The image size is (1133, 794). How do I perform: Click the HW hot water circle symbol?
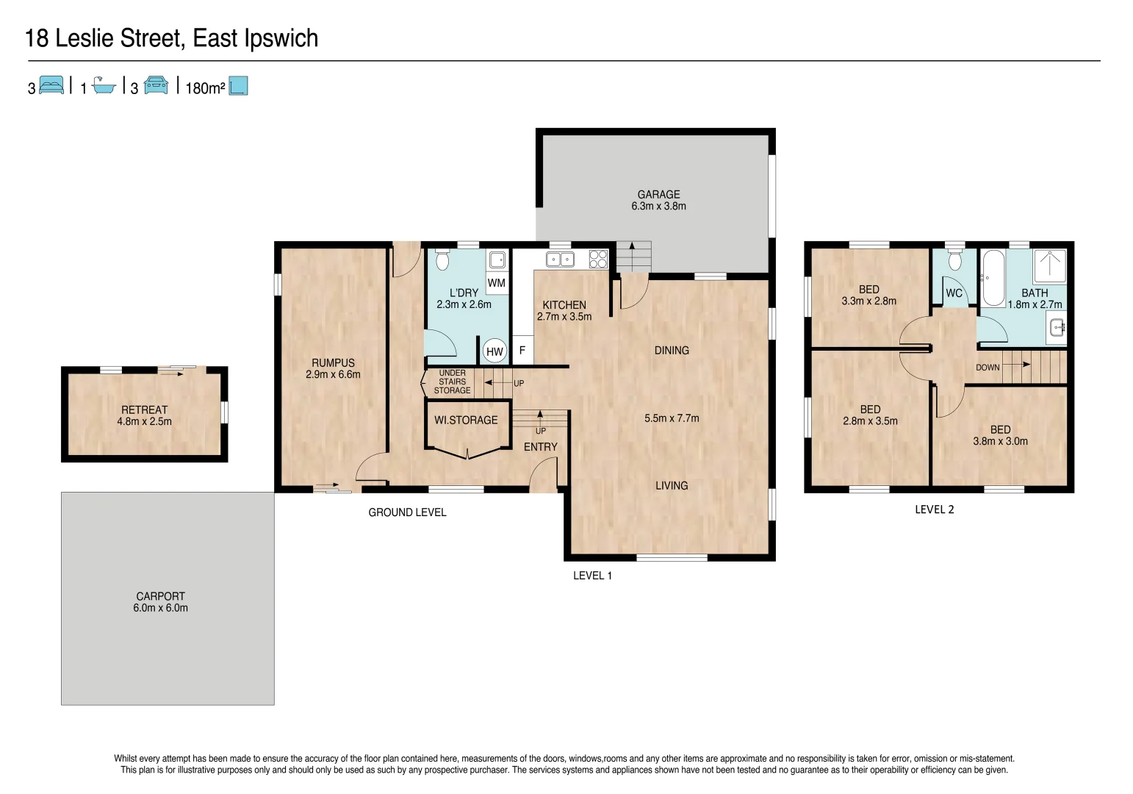(x=494, y=351)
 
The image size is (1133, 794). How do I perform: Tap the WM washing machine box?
(x=497, y=283)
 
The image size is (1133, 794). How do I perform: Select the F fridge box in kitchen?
(x=522, y=351)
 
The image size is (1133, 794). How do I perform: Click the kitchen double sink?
(x=561, y=259)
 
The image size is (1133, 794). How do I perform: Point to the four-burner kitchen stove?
(x=598, y=259)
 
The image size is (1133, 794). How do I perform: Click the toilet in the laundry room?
(x=442, y=260)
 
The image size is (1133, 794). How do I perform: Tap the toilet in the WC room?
(x=954, y=260)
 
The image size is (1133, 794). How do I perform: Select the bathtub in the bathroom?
(x=993, y=278)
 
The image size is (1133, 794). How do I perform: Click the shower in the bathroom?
(x=1050, y=265)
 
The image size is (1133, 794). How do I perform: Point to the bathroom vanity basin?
(x=1056, y=327)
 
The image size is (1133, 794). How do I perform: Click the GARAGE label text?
(x=658, y=195)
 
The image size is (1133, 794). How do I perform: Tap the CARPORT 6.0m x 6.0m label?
(x=160, y=602)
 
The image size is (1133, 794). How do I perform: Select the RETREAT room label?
(x=144, y=410)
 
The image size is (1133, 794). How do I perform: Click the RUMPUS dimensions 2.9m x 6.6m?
(x=333, y=374)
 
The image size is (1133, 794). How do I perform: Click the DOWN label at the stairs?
(x=988, y=368)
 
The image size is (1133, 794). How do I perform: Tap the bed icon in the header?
(x=51, y=85)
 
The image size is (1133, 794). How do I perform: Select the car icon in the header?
(x=156, y=85)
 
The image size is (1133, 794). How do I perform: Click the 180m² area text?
(x=205, y=88)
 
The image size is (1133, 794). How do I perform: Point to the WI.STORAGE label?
(x=466, y=421)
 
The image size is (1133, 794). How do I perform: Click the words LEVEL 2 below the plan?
(x=934, y=509)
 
